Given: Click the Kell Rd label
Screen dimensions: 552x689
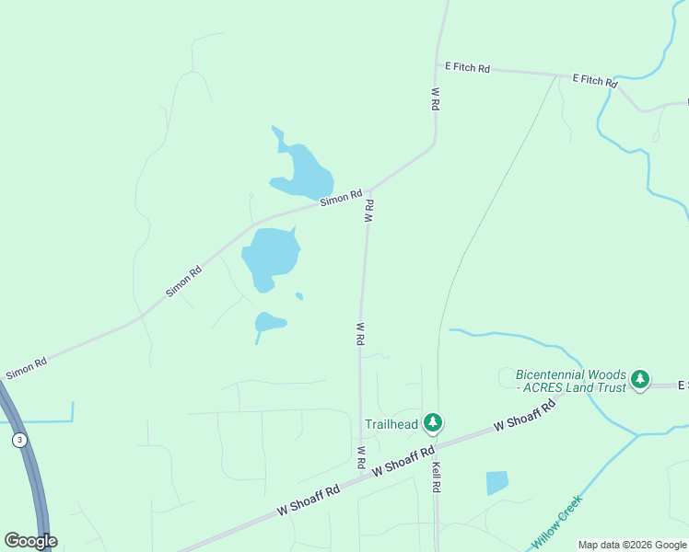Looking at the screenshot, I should point(438,475).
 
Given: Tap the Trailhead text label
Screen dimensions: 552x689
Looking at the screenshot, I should point(391,424).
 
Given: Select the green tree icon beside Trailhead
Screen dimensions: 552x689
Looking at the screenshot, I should point(433,424).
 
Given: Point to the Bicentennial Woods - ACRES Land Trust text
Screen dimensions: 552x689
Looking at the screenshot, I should point(570,381).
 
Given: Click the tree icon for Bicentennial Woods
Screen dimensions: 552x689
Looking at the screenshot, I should point(640,379).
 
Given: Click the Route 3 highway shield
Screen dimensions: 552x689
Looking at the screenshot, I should point(18,441).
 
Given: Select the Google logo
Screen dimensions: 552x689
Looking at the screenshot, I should point(30,541).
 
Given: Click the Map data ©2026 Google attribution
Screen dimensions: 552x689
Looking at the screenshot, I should point(632,545).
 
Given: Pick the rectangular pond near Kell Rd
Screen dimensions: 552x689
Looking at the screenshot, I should point(496,482).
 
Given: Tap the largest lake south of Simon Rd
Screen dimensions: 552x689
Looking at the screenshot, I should point(271,256).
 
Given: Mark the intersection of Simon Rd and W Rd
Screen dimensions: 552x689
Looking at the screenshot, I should point(370,190).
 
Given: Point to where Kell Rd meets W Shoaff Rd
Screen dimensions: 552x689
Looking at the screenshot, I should point(436,448).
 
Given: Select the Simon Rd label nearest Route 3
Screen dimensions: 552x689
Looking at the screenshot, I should point(26,370).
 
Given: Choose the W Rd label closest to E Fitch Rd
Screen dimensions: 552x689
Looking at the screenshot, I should point(435,99).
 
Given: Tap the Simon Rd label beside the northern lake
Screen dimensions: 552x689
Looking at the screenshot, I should point(341,198).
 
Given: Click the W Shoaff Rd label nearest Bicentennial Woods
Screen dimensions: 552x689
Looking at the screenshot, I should point(526,417).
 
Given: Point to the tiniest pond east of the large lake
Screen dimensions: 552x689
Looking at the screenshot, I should point(299,296).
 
